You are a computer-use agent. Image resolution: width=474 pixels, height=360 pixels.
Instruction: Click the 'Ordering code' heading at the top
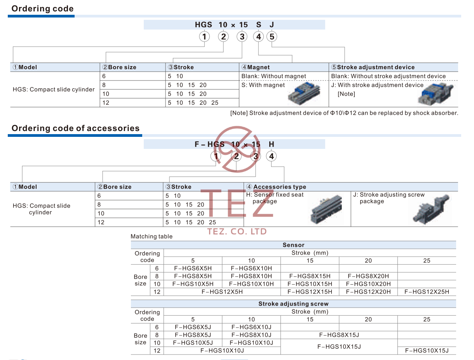(42, 9)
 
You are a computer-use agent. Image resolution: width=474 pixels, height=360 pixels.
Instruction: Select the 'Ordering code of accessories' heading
(75, 128)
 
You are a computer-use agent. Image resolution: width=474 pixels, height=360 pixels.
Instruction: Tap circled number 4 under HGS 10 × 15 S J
(258, 37)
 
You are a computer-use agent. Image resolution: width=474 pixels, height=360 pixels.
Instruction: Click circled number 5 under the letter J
(272, 37)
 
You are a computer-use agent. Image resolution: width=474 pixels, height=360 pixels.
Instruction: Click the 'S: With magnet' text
(263, 85)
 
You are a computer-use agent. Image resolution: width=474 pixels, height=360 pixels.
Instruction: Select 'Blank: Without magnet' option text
(274, 76)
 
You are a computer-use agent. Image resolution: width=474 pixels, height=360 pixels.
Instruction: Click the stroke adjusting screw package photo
(431, 210)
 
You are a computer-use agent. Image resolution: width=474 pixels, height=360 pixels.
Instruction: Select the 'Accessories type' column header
(276, 187)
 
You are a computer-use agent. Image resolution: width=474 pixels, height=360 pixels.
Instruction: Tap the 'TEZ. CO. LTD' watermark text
(237, 232)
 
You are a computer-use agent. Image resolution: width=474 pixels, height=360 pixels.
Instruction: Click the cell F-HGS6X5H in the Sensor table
(193, 268)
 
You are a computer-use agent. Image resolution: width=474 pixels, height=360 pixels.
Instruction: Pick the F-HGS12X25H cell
(427, 292)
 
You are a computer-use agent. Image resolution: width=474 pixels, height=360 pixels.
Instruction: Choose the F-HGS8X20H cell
(368, 276)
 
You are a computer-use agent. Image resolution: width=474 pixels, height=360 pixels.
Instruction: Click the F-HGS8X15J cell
(339, 335)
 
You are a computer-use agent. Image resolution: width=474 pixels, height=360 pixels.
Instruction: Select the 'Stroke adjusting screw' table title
(293, 304)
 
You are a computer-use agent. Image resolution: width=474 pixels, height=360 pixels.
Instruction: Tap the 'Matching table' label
(152, 236)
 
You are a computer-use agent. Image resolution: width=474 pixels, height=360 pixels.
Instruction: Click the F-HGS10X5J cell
(193, 343)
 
